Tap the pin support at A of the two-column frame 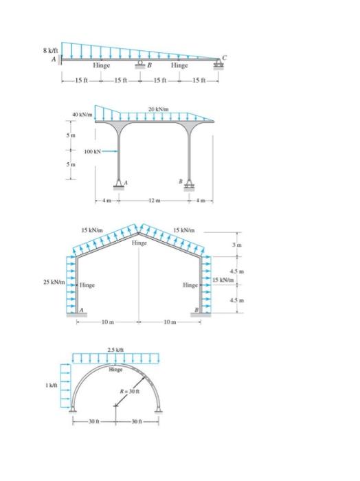click(x=120, y=185)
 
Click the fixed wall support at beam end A click(x=60, y=62)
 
